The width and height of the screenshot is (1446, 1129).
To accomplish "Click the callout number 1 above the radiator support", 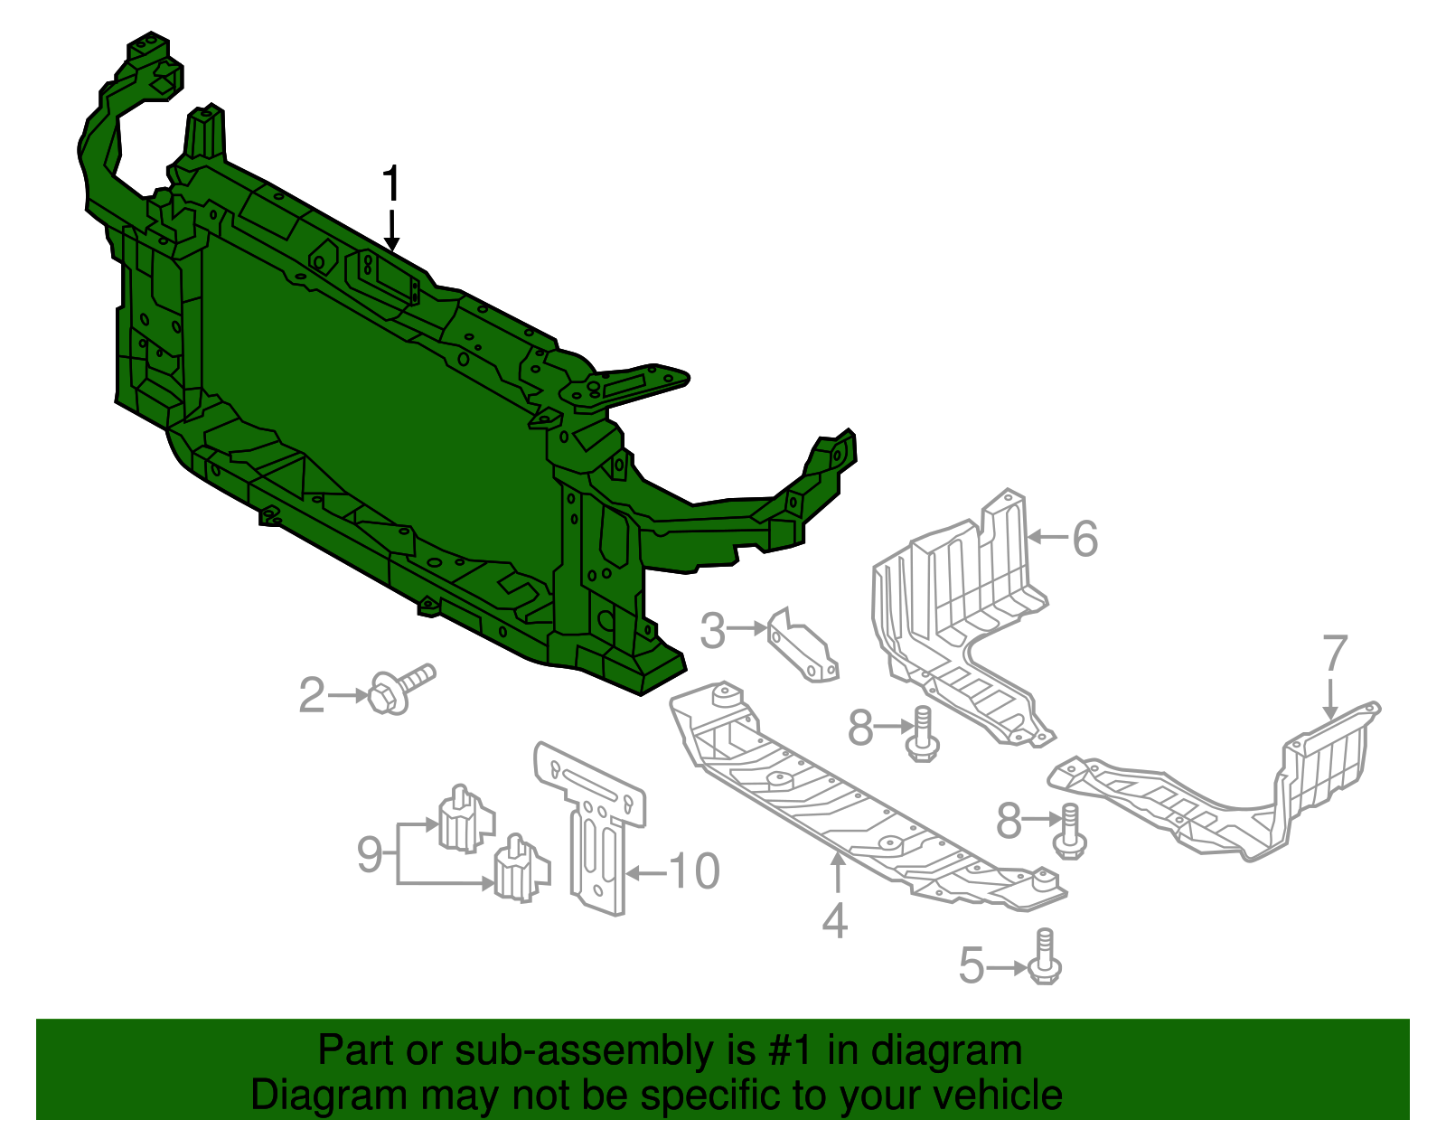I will [390, 184].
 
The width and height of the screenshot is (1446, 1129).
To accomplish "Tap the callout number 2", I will [312, 695].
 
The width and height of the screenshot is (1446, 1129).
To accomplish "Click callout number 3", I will [713, 630].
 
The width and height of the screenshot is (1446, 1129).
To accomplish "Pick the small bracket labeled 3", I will [803, 647].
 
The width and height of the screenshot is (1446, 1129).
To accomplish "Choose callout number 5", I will [972, 965].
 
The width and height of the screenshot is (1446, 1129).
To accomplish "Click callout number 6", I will [1085, 539].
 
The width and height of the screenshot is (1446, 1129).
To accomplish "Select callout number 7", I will [1335, 653].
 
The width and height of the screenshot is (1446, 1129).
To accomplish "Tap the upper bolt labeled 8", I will [922, 734].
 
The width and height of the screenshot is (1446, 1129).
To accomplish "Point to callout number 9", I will [370, 853].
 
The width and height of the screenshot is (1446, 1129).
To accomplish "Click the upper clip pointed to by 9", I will [465, 819].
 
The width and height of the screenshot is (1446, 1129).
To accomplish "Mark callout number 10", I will [694, 872].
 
